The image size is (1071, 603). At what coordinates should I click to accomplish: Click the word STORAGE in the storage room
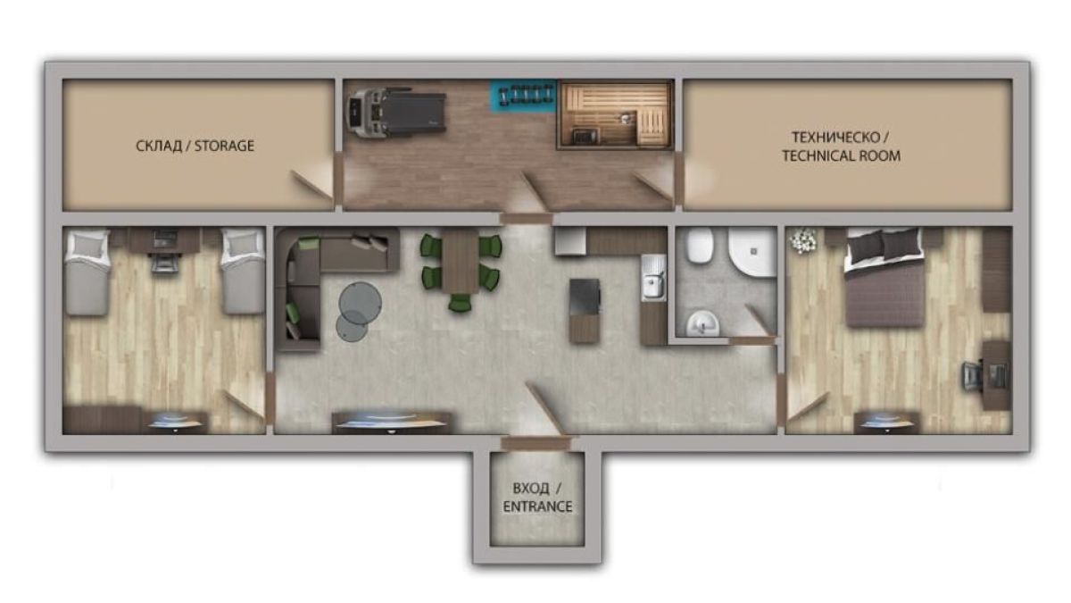224,146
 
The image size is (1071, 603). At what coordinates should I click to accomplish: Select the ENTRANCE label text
537,507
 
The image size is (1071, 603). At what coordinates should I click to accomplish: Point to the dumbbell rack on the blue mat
526,95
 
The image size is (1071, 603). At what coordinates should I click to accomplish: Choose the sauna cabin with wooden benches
615,114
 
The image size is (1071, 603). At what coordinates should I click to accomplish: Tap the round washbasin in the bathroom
703,323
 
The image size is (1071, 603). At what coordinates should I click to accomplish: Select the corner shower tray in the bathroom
752,251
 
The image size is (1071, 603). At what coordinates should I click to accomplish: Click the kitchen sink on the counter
653,278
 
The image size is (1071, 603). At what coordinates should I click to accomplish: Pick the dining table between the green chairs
460,260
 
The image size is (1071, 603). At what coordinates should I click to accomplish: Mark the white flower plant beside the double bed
804,239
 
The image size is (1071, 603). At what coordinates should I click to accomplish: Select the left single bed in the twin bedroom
87,272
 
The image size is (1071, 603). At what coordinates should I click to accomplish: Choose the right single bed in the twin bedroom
244,271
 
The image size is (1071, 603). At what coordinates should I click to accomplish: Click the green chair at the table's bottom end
460,303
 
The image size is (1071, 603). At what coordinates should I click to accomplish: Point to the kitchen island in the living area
585,311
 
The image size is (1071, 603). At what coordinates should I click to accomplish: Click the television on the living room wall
392,423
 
